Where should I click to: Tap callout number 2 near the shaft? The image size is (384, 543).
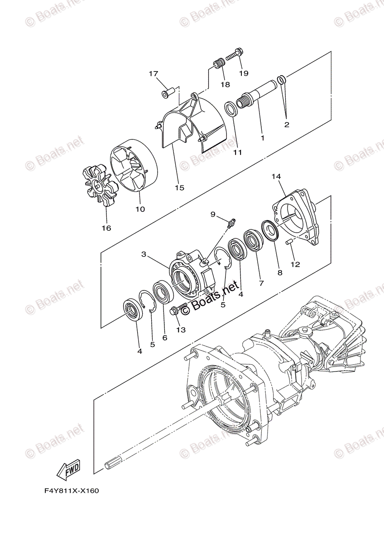(x=287, y=124)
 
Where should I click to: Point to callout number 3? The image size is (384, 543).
(x=144, y=255)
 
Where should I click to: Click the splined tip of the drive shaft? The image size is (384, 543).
(x=112, y=464)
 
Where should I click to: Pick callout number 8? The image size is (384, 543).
(x=279, y=272)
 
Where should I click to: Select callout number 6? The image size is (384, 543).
(x=165, y=338)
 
